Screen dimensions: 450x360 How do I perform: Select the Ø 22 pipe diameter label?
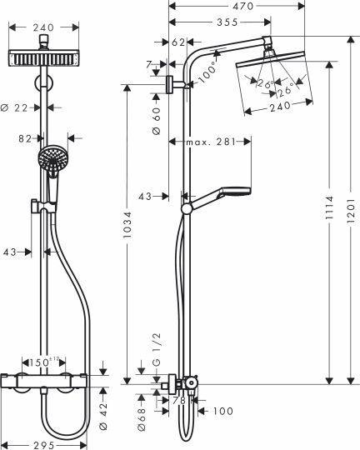click(17, 106)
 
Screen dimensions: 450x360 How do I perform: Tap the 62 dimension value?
click(178, 40)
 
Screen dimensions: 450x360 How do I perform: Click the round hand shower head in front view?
click(52, 160)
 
